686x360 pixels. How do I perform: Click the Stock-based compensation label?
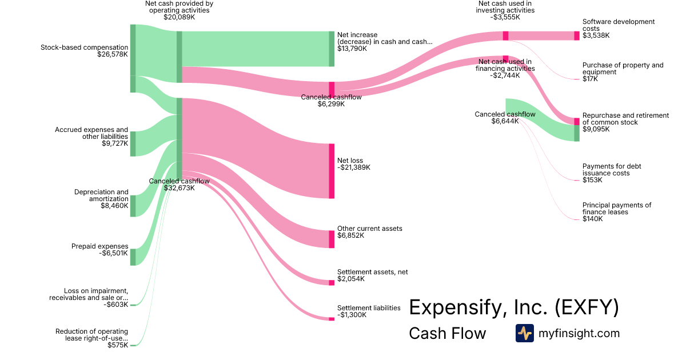click(x=84, y=47)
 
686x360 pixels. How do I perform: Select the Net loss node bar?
click(x=332, y=171)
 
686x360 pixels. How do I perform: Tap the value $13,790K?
click(x=352, y=49)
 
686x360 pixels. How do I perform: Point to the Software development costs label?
click(x=619, y=25)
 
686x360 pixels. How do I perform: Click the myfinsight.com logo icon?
click(x=524, y=333)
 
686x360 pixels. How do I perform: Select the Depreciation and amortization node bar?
click(x=133, y=206)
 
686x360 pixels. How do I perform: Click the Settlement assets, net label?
click(x=373, y=272)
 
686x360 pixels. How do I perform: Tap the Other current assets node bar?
click(x=332, y=239)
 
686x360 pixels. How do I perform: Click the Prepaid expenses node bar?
click(x=133, y=257)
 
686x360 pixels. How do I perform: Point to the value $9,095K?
click(x=596, y=129)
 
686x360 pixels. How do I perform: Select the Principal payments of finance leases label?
click(x=617, y=209)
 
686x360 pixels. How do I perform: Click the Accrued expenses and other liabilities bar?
click(x=133, y=143)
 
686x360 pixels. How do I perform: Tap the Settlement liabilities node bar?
click(x=332, y=319)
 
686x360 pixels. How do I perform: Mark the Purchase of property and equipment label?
click(x=623, y=69)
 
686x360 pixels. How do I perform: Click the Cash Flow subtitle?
click(x=447, y=333)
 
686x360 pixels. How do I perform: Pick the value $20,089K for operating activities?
click(x=179, y=17)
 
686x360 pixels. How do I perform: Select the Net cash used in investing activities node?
click(x=505, y=35)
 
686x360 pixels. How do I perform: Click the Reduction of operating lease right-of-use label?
click(x=91, y=335)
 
